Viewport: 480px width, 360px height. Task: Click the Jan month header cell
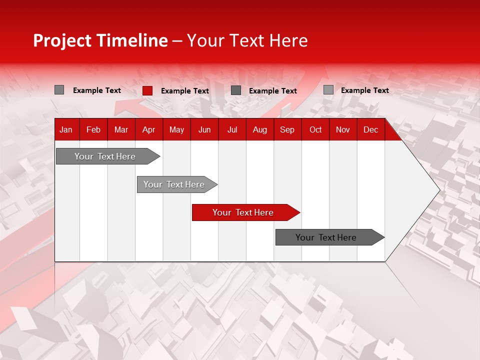(66, 129)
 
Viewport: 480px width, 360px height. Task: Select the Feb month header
(93, 129)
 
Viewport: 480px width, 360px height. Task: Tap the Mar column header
(121, 129)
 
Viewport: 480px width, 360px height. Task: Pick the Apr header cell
(148, 129)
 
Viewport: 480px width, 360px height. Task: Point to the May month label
(176, 129)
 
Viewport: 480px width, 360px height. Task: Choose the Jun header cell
(204, 129)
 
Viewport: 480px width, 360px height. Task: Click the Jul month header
(232, 129)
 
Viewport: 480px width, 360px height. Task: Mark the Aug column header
(260, 129)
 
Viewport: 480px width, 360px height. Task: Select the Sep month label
(287, 129)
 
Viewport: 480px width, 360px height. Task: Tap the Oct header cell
(315, 129)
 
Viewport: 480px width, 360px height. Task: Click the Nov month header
(343, 129)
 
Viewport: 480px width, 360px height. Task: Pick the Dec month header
(371, 129)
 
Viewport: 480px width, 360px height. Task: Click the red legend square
(147, 90)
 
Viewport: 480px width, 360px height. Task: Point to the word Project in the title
(62, 40)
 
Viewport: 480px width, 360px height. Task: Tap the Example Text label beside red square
(185, 91)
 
